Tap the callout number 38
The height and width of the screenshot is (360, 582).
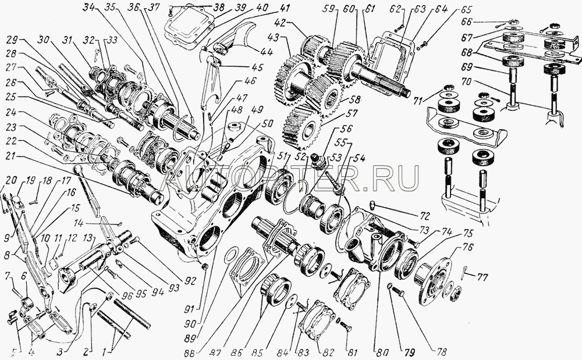202,8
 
